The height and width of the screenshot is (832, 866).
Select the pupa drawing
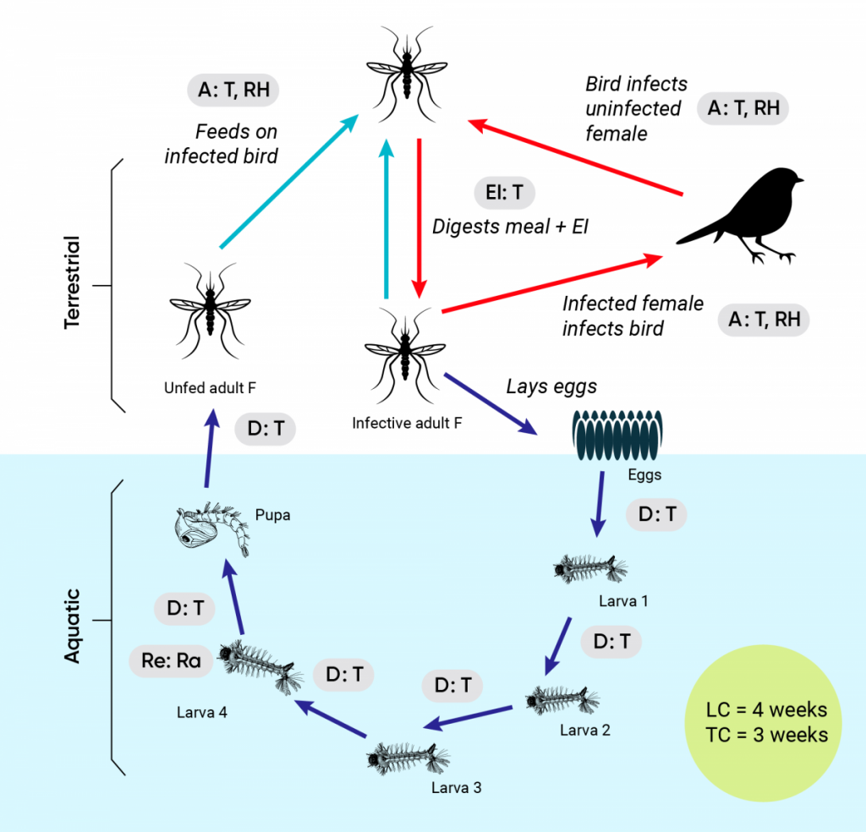pos(211,529)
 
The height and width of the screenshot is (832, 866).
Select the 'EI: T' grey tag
pos(505,193)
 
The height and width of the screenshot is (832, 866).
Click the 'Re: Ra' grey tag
pos(171,660)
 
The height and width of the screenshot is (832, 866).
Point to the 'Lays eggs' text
pos(551,386)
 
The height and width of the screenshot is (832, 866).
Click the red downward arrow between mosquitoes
pos(418,216)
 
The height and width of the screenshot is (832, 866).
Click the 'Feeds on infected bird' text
pos(222,144)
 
